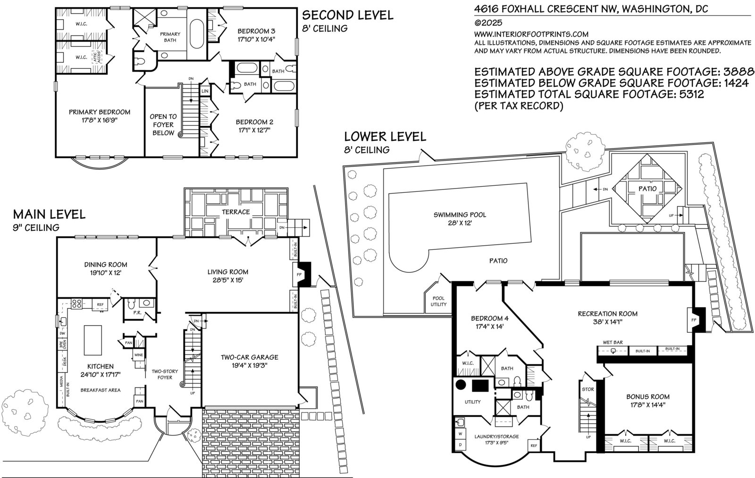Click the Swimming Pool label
[460, 215]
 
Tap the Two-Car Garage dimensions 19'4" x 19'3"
[250, 365]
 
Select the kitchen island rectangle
[92, 340]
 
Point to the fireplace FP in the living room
[299, 275]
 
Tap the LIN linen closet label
[205, 91]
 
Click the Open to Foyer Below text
[163, 124]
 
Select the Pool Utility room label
[438, 301]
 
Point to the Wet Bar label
[613, 342]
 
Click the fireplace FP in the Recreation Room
[694, 320]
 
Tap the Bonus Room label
[648, 396]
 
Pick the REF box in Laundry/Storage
[534, 445]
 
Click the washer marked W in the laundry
[460, 434]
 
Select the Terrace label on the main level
[235, 212]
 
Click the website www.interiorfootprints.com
[531, 34]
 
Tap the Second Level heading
[347, 15]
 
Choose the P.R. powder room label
[137, 313]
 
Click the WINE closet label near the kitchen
[139, 355]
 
